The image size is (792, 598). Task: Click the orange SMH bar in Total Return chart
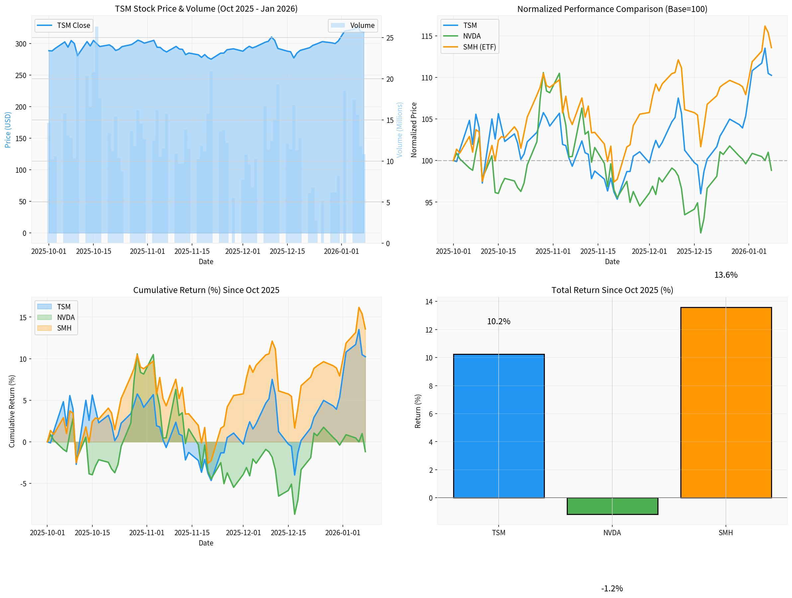click(x=726, y=402)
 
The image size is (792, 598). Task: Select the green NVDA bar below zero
click(x=612, y=506)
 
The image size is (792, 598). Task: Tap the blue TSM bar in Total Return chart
click(x=498, y=426)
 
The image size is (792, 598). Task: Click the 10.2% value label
click(x=498, y=321)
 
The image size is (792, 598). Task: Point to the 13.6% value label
click(x=726, y=275)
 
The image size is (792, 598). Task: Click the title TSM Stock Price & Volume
click(x=206, y=9)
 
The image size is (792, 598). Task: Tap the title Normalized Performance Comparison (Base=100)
click(x=612, y=9)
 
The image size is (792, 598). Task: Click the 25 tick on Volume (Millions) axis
click(x=390, y=38)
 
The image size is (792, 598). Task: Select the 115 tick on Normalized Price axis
click(x=427, y=36)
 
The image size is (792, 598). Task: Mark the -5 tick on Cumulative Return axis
click(x=23, y=484)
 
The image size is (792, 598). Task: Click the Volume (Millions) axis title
click(x=399, y=130)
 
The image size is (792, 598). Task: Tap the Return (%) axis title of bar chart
click(x=418, y=411)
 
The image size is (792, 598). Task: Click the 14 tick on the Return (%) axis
click(x=429, y=302)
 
